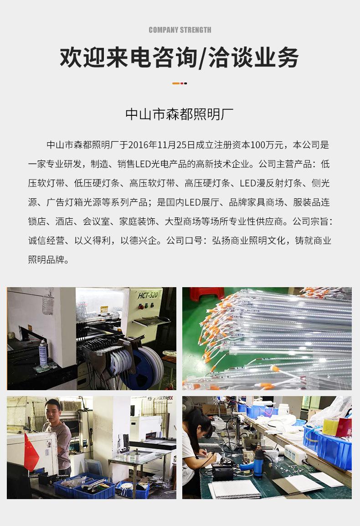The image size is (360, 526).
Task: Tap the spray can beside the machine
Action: coord(43,353)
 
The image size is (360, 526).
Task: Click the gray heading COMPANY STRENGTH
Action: coord(180,30)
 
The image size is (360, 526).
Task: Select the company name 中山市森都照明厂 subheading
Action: coord(180,113)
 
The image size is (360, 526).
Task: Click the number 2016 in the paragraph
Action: coord(139,145)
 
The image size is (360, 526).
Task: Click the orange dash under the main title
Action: coord(176,83)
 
